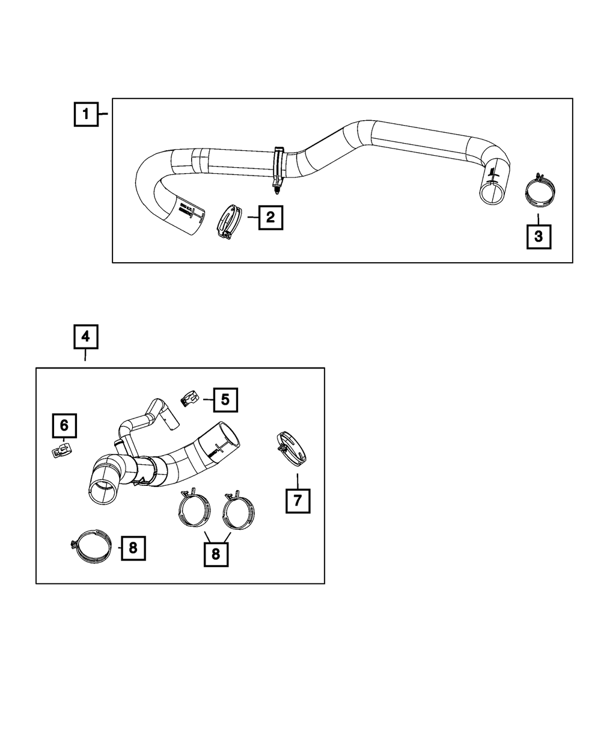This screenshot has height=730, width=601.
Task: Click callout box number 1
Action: click(x=86, y=114)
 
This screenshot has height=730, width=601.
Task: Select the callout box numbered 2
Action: click(x=270, y=217)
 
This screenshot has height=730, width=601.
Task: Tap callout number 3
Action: click(x=538, y=236)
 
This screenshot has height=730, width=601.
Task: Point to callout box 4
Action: click(x=86, y=337)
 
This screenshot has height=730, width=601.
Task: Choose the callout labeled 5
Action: click(x=225, y=398)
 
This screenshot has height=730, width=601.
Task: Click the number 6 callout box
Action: click(x=64, y=426)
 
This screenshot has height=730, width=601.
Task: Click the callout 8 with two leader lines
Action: click(x=216, y=553)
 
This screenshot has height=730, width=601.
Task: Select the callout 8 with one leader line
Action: click(x=133, y=547)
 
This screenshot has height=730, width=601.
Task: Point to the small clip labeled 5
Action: click(x=189, y=398)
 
